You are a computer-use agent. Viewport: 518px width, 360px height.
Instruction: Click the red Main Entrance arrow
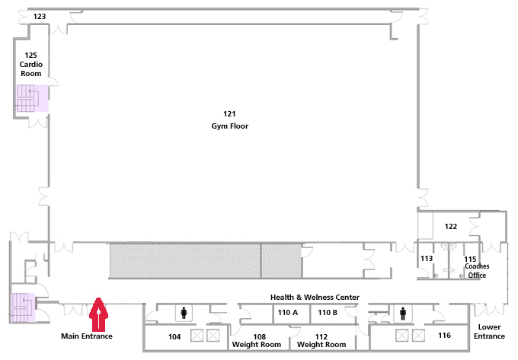[98, 314]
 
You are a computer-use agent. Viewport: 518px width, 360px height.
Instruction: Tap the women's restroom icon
[184, 313]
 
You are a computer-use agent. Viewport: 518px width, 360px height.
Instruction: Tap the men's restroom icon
[403, 314]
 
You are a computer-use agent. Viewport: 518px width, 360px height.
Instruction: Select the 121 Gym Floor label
[229, 120]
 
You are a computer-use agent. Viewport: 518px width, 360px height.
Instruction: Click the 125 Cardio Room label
[31, 65]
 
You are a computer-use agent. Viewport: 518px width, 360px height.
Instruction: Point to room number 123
[40, 17]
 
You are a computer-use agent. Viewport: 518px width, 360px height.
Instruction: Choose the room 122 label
[451, 227]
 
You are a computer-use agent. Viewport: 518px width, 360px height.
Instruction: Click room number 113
[427, 258]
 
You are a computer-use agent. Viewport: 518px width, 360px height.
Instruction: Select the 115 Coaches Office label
[477, 267]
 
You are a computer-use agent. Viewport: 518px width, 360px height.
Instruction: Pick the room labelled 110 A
[288, 313]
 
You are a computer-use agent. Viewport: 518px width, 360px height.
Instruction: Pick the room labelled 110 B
[328, 313]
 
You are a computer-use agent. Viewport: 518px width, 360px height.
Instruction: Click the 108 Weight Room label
[257, 340]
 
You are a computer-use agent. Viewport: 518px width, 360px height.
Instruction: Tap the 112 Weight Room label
[321, 340]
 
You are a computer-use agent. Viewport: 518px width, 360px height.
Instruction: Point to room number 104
[174, 337]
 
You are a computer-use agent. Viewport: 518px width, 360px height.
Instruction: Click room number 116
[444, 336]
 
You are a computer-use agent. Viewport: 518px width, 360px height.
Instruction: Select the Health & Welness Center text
[315, 298]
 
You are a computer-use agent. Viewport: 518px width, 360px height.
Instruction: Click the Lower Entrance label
[489, 332]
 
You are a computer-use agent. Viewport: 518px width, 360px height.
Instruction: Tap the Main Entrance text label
[87, 336]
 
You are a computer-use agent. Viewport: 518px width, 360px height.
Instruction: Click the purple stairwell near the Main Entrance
[23, 307]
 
